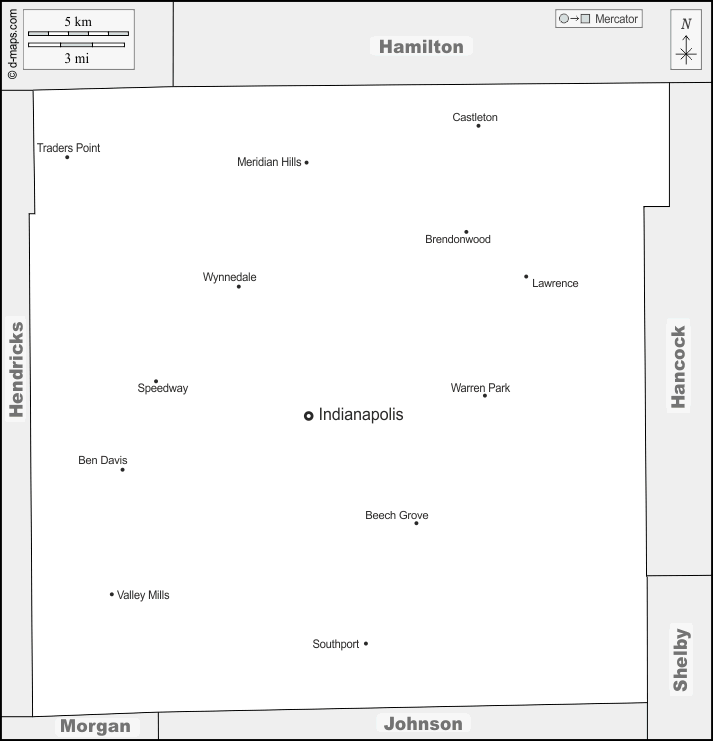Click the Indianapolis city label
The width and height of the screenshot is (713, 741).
361,414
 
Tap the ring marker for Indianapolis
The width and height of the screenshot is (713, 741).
309,416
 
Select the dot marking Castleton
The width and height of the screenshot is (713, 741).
478,126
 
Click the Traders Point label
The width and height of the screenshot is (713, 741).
69,148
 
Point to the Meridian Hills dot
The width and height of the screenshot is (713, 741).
307,163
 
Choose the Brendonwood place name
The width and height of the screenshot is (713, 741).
458,239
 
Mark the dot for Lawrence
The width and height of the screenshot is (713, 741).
526,276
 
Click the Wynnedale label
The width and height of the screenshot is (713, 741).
230,277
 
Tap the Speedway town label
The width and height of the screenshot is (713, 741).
163,388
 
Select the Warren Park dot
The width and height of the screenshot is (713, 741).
485,396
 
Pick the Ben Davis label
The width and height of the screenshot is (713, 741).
103,460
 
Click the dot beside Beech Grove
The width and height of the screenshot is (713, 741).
416,523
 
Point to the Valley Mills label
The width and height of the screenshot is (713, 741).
143,595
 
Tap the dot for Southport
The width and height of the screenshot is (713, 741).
366,644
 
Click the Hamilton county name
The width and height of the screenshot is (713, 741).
421,47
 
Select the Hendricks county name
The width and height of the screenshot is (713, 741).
17,370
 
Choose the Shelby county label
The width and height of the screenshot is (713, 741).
680,660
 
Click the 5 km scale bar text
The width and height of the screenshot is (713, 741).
78,22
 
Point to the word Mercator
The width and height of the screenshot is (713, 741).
616,19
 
